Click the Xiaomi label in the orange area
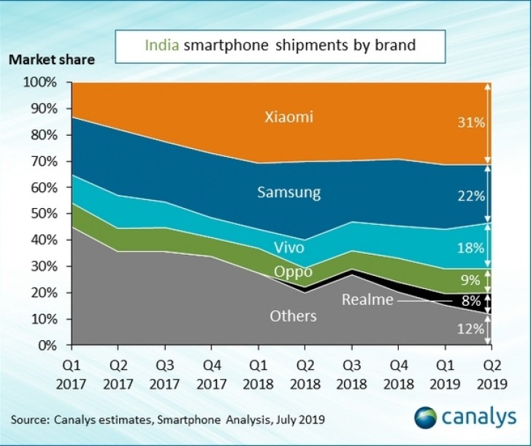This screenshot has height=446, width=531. pos(289,117)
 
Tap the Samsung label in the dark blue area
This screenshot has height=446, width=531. pos(289,193)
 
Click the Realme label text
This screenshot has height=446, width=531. pos(367,299)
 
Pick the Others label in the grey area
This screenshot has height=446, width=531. pos(293,316)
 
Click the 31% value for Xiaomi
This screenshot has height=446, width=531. pos(470,123)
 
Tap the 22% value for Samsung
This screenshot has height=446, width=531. pos(470,196)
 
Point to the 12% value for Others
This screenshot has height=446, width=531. pos(470,328)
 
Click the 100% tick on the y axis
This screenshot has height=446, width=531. pos(40,82)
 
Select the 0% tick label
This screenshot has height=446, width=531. pos(46,345)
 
